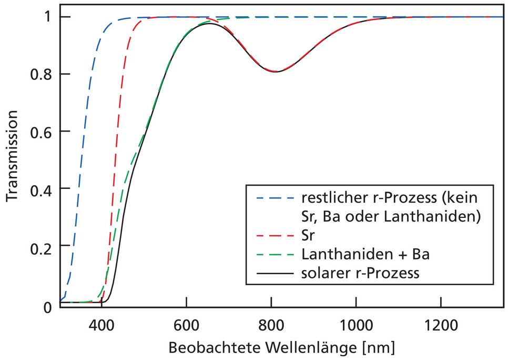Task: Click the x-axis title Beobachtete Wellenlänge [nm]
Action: coord(281,348)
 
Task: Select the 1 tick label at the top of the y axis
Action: coord(48,17)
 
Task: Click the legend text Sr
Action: coord(309,235)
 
